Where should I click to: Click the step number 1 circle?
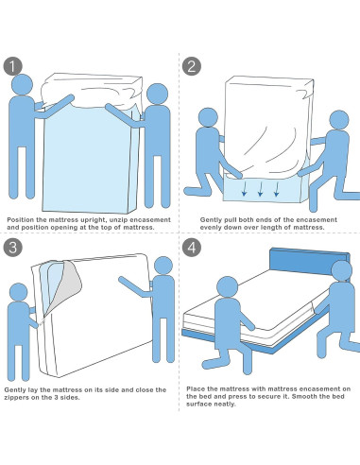pos(12,66)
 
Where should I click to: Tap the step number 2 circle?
pos(192,66)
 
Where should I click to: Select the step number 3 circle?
pos(12,248)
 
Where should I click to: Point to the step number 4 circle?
pos(192,248)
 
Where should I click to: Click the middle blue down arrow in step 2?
pos(260,189)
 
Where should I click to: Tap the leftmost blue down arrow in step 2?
pos(244,189)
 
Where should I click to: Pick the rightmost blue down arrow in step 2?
pos(276,189)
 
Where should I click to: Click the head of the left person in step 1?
pos(22,84)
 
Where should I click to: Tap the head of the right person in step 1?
pos(158,94)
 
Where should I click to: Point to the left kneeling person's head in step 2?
pos(208,117)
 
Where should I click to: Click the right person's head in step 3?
pos(163,266)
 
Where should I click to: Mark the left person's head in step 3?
pos(19,292)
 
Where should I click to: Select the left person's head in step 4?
pos(228,287)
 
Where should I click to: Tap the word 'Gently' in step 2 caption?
pos(211,220)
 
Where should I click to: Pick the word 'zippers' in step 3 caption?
pos(14,398)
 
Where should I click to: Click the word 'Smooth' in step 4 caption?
pos(303,396)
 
